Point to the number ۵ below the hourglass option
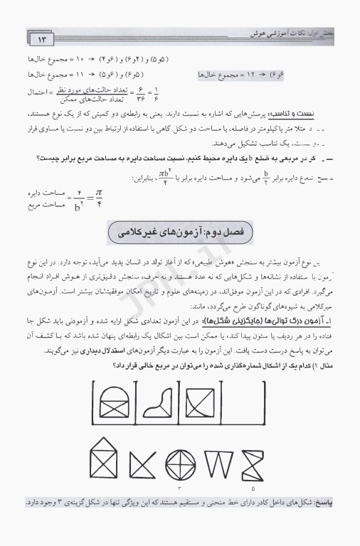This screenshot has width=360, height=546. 253,490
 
